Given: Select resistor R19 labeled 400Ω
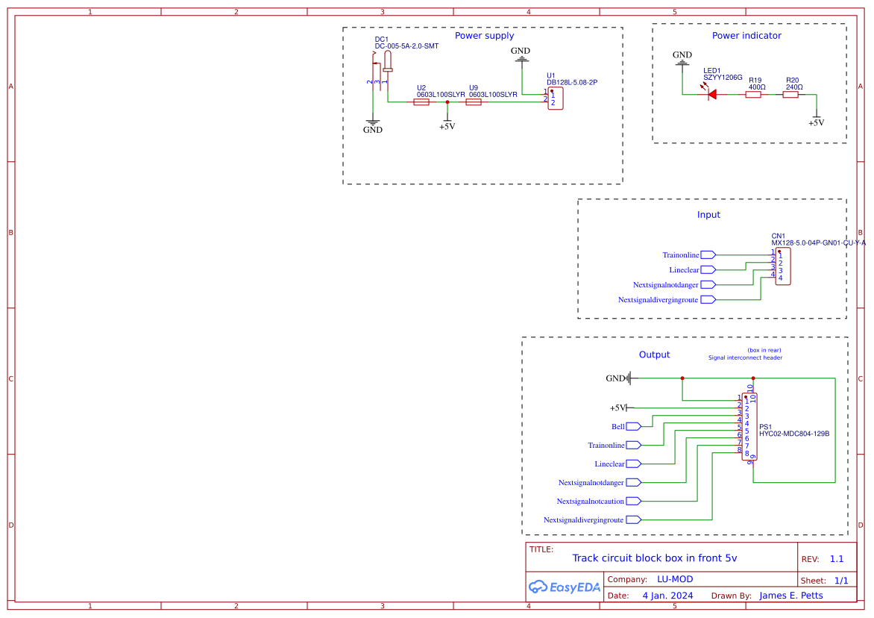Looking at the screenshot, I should (x=753, y=95).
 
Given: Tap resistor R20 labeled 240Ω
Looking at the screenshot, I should (x=790, y=95).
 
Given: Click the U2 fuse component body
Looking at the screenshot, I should (x=421, y=102).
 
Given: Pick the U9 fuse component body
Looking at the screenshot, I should (x=474, y=102).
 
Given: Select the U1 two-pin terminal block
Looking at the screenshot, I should (x=556, y=98).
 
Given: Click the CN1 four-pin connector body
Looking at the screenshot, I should (x=783, y=266).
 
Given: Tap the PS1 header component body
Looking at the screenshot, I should (x=749, y=428).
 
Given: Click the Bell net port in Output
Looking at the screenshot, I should (x=634, y=426).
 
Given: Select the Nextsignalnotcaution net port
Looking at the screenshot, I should (x=634, y=501).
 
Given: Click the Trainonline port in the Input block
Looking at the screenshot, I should (x=708, y=255).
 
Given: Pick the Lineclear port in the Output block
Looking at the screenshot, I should (x=634, y=463).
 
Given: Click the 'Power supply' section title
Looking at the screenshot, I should (x=484, y=36).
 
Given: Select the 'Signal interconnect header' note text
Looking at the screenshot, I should (x=745, y=358).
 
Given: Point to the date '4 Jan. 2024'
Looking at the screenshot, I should (x=667, y=596).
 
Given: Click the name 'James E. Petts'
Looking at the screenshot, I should (x=791, y=596).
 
